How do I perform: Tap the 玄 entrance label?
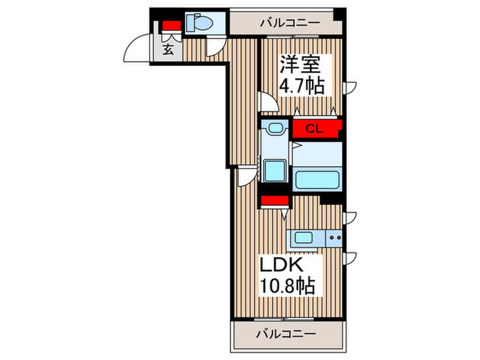coord(168,49)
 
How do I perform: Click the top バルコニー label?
coord(289,23)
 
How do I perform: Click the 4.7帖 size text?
coord(300,87)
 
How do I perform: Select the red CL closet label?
coord(315,128)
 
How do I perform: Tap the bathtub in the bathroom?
coord(317,180)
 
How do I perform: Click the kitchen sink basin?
coord(302,239)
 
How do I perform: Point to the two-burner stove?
coord(333,239)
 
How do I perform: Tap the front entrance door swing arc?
coord(135,51)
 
